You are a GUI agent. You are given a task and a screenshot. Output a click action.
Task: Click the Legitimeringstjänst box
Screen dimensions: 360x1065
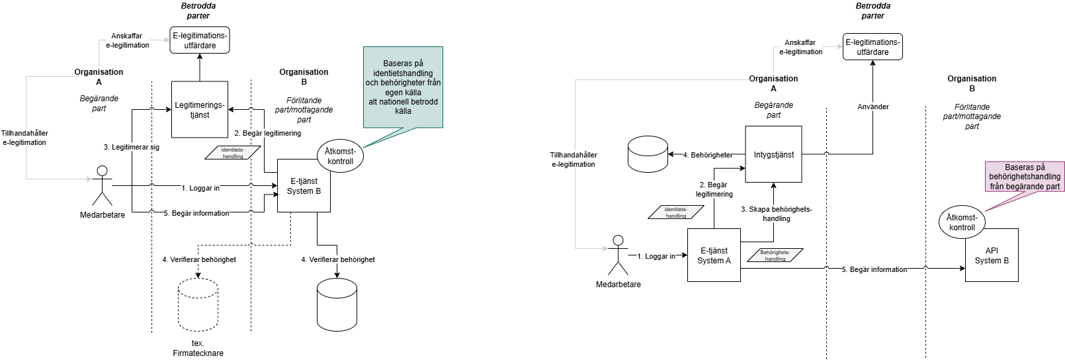[200, 110]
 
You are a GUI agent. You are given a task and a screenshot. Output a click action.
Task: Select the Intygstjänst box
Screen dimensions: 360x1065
[773, 154]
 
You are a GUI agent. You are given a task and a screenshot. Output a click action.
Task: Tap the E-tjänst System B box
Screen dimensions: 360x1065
[304, 186]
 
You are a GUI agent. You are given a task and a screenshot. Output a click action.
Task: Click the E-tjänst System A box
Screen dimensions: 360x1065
[714, 255]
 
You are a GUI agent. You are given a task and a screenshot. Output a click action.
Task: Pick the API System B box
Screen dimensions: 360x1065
[991, 255]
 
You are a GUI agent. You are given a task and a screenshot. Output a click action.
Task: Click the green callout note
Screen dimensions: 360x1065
[403, 87]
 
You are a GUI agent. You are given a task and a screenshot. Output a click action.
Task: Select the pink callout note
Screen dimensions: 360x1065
[1025, 177]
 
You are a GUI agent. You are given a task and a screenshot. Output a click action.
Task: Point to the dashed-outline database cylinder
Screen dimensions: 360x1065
[198, 305]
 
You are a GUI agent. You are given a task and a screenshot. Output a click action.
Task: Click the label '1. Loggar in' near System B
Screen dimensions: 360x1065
[200, 188]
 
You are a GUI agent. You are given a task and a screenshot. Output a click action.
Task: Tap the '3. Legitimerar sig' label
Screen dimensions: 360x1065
[132, 147]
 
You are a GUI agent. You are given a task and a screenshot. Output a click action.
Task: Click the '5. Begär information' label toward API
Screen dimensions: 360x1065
[874, 269]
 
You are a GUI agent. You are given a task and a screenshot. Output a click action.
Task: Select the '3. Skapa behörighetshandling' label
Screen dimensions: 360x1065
[776, 214]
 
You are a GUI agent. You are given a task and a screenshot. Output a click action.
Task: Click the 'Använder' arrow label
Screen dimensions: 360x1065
[873, 107]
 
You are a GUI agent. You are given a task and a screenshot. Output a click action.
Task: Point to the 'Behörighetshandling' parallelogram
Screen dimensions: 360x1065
[775, 255]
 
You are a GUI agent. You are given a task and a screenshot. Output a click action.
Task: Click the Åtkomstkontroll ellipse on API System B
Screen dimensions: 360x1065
[962, 222]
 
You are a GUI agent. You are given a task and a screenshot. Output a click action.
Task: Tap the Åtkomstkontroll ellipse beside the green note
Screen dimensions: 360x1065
[340, 156]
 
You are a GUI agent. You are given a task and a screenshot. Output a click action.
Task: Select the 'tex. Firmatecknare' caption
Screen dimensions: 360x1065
[198, 348]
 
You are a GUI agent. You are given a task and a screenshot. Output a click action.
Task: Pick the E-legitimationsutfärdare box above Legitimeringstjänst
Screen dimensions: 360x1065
[200, 40]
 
